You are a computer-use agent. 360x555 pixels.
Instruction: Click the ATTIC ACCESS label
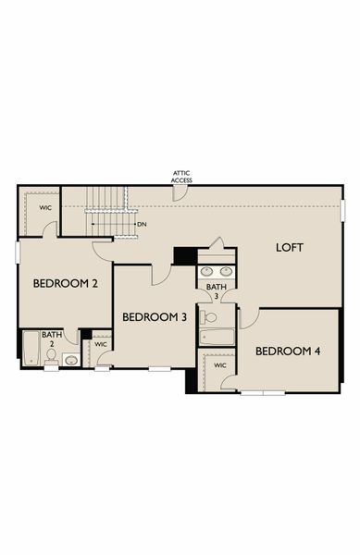(x=181, y=177)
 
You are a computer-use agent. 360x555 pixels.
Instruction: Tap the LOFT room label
(x=290, y=248)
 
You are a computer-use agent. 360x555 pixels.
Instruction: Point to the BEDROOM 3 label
(x=155, y=317)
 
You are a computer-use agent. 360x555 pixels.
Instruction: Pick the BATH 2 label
(x=51, y=338)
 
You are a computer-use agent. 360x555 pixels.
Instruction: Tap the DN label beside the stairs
(x=142, y=224)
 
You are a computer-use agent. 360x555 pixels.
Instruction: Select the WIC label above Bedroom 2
(x=44, y=208)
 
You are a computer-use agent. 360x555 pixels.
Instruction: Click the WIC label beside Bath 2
(x=100, y=344)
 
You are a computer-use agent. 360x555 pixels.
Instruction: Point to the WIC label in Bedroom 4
(x=219, y=365)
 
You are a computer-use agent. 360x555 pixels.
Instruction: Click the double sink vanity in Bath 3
(x=216, y=273)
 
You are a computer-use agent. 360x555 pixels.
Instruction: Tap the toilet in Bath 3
(x=209, y=316)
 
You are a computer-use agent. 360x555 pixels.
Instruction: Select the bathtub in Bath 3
(x=217, y=337)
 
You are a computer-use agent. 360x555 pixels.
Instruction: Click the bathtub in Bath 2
(x=30, y=350)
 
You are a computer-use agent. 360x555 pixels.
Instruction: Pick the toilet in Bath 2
(x=52, y=355)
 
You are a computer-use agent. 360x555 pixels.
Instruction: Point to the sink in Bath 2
(x=71, y=360)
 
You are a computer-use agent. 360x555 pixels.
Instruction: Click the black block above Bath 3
(x=186, y=255)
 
